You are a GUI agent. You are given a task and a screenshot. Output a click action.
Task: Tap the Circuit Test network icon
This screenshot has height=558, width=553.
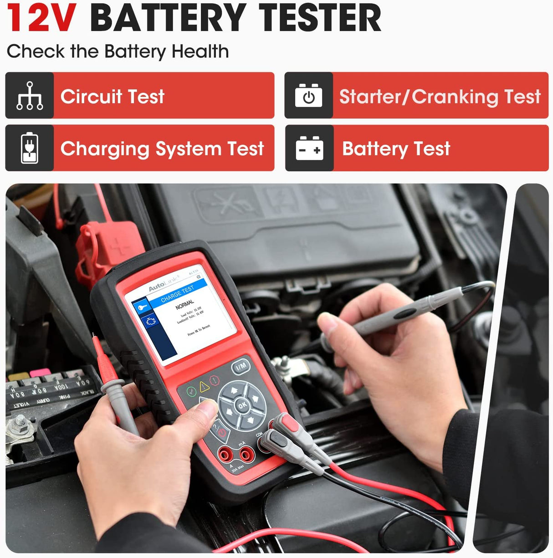click(30, 96)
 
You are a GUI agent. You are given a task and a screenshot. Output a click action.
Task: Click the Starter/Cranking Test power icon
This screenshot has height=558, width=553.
click(309, 96)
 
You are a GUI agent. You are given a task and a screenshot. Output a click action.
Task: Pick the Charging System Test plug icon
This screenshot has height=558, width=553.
click(30, 148)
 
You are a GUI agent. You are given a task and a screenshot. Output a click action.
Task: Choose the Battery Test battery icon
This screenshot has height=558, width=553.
click(309, 148)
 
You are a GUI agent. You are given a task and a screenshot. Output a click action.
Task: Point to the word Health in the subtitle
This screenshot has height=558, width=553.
click(200, 51)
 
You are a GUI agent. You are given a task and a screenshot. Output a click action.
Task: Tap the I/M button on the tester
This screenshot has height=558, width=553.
click(241, 365)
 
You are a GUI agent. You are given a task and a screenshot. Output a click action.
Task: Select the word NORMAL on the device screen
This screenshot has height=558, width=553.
click(184, 304)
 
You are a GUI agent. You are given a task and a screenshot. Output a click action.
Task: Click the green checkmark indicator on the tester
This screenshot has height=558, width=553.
click(191, 391)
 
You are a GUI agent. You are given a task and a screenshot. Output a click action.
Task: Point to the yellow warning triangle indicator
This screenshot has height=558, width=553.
click(204, 387)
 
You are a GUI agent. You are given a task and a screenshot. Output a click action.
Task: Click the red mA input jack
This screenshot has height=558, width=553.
click(246, 453)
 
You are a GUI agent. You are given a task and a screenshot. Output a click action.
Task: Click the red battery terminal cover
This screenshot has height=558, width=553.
click(112, 248)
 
